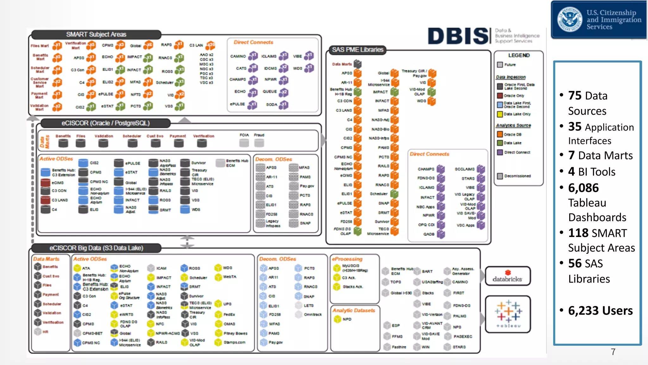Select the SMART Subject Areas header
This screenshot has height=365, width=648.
click(x=96, y=34)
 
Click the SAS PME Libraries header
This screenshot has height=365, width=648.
click(x=358, y=50)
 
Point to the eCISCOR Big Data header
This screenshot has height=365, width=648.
click(x=96, y=248)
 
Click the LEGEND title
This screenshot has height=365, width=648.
click(x=519, y=55)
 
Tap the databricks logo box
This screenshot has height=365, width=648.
click(x=508, y=276)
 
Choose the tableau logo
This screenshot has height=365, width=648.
click(x=508, y=314)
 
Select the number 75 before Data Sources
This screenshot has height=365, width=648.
click(x=575, y=95)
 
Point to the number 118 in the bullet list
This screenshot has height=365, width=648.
click(x=578, y=233)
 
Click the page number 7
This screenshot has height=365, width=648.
click(x=613, y=352)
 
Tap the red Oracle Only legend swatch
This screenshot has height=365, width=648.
click(x=500, y=96)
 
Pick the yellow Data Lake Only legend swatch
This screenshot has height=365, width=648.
click(x=500, y=114)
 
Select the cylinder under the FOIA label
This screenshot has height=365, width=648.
click(x=244, y=143)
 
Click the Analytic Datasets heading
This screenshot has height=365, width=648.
click(x=354, y=311)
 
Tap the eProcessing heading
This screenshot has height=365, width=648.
click(x=347, y=259)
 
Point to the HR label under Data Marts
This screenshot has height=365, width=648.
click(x=46, y=332)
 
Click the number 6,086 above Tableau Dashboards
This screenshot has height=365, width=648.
click(x=583, y=188)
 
